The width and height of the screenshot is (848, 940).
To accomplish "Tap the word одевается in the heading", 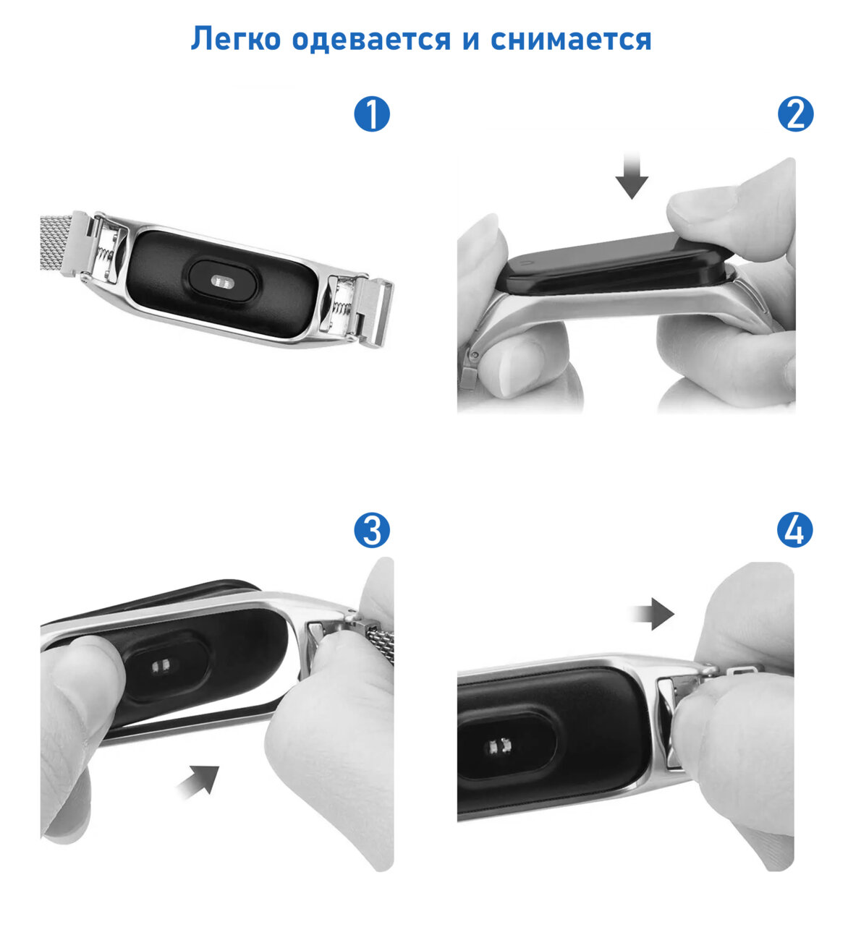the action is click(371, 38).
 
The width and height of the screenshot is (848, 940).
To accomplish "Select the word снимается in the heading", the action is click(571, 39).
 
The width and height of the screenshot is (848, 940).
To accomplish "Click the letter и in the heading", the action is click(471, 40).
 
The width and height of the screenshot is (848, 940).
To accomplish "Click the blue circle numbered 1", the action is click(371, 114).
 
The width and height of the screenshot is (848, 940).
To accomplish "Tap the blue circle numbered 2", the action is click(795, 114).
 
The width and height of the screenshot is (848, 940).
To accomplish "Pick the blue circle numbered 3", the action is click(371, 530).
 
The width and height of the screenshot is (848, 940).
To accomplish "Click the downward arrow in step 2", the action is click(632, 175).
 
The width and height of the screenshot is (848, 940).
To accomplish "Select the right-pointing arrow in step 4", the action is click(653, 614).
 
